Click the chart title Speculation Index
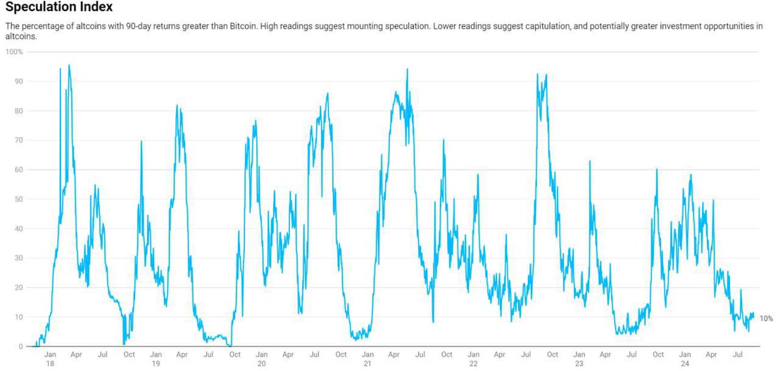(x=58, y=8)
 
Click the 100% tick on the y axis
(x=15, y=51)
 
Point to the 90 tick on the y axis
(x=18, y=81)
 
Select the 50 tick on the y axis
(x=18, y=199)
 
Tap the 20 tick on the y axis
(x=18, y=288)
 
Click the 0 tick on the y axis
(x=20, y=346)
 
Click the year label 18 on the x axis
(x=49, y=364)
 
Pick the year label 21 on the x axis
(x=367, y=364)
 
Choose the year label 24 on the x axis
(x=684, y=364)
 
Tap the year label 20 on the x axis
(x=261, y=364)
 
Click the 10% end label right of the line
(x=766, y=318)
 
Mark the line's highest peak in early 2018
(x=69, y=65)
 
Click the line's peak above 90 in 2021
(x=407, y=69)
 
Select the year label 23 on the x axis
(x=578, y=364)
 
